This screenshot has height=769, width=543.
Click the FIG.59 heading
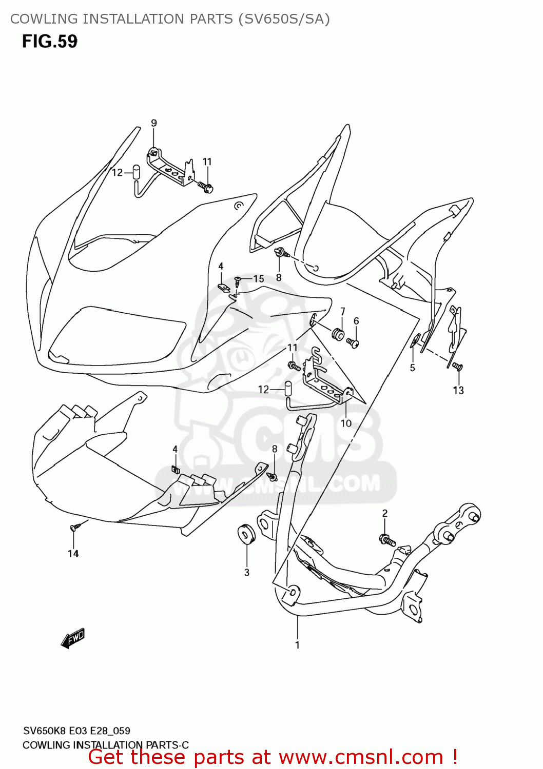tap(49, 42)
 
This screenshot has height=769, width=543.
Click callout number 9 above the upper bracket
tap(153, 123)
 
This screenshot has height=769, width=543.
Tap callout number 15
tap(259, 279)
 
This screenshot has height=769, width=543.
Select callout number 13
tap(458, 390)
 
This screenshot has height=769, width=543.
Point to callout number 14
tap(73, 554)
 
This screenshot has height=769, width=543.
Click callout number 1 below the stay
tap(297, 645)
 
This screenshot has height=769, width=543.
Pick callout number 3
tap(247, 572)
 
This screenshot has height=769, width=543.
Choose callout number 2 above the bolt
tap(385, 513)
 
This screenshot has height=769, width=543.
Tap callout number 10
tap(346, 423)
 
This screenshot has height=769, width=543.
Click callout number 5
tap(412, 368)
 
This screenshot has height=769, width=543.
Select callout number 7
tap(342, 311)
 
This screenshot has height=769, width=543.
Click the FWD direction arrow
tap(72, 639)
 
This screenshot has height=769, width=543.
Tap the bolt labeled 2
tap(387, 539)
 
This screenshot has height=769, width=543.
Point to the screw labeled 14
tap(75, 527)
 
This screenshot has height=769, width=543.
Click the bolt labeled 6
tap(353, 342)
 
